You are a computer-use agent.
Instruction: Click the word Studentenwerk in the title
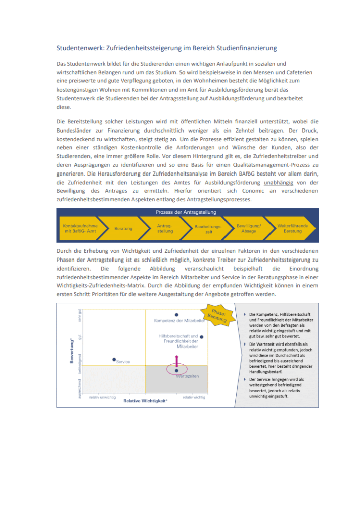click(77, 48)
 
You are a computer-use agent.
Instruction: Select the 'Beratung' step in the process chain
click(123, 228)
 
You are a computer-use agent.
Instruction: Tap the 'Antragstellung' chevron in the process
click(165, 228)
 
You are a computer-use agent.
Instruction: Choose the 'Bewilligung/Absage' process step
click(249, 228)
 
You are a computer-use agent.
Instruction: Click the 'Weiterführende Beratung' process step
click(292, 228)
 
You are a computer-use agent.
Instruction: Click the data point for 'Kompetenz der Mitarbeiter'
click(176, 315)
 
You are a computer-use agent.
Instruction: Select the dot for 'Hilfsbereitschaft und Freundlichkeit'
click(201, 337)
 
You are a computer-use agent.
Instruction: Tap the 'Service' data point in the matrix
click(114, 359)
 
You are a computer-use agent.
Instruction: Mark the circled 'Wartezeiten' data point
click(176, 370)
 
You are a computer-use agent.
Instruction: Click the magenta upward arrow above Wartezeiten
click(176, 360)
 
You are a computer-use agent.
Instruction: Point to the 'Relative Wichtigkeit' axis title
click(145, 400)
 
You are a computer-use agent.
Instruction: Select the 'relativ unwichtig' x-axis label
click(102, 397)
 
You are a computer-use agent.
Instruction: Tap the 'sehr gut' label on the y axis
click(79, 314)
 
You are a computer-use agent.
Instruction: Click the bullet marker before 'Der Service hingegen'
click(245, 379)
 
